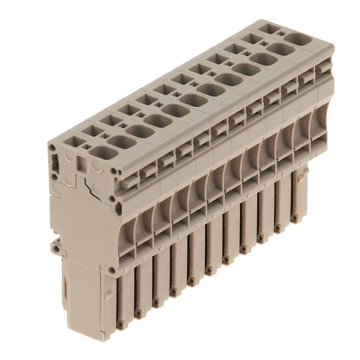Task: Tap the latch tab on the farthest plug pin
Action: click(x=306, y=171)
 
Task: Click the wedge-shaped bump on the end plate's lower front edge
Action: click(x=110, y=270)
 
